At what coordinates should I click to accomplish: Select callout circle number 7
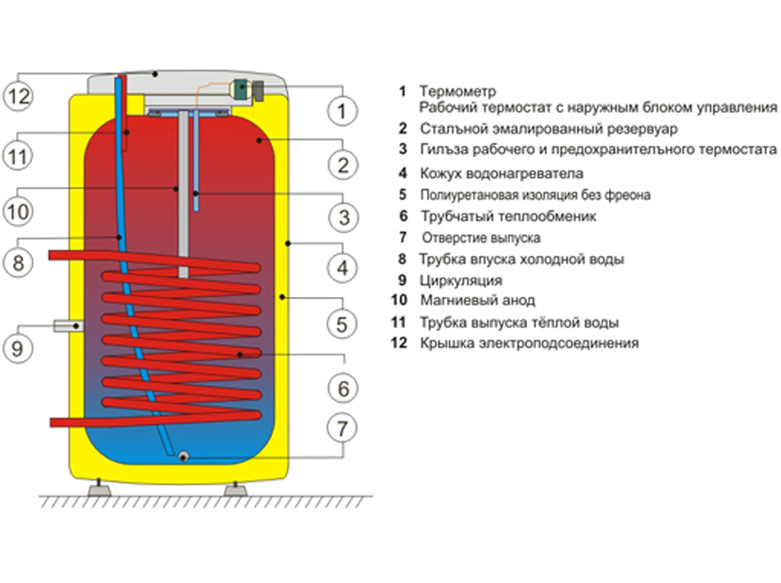(343, 428)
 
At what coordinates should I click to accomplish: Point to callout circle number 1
(343, 111)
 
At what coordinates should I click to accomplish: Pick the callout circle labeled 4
(343, 269)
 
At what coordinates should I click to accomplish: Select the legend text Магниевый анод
(477, 301)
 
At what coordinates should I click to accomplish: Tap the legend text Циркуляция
(461, 280)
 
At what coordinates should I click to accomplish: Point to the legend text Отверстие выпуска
(481, 238)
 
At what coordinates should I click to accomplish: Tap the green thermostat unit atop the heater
(244, 90)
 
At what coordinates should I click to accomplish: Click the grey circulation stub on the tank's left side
(67, 324)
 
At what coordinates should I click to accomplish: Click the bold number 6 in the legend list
(402, 216)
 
